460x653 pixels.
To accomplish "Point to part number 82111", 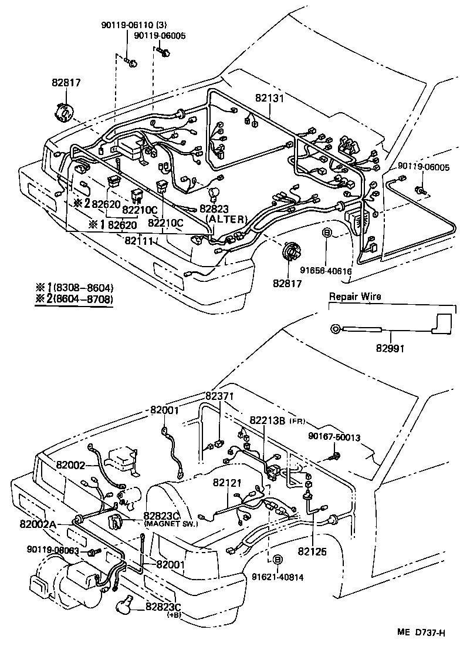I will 138,241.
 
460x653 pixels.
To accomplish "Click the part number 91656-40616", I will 326,271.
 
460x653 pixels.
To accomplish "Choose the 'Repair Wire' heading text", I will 354,297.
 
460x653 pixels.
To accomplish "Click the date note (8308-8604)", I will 82,288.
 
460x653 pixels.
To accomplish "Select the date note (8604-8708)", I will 82,299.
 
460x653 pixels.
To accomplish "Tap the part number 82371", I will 219,396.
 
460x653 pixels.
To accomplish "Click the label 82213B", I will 268,420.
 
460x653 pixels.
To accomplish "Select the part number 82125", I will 312,551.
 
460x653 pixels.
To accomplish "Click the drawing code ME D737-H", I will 421,632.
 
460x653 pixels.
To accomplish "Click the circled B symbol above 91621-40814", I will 277,560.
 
